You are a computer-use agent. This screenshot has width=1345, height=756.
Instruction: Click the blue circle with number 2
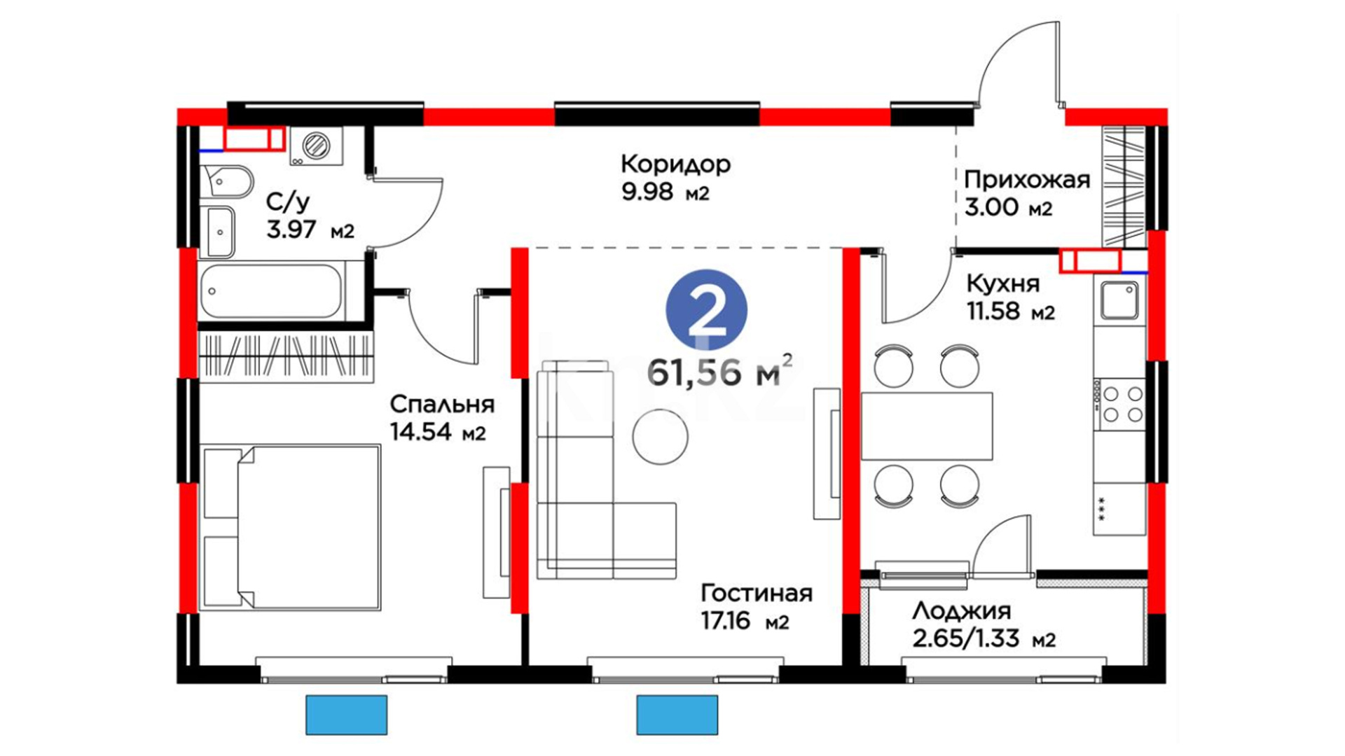tap(706, 310)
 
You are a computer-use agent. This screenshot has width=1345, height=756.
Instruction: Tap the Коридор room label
tap(675, 164)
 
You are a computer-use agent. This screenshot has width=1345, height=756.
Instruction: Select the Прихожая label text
tap(1027, 181)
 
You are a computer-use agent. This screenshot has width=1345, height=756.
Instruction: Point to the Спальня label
tap(442, 405)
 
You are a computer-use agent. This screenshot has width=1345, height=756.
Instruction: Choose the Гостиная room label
tap(757, 594)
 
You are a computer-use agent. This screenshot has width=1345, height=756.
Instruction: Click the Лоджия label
tap(961, 612)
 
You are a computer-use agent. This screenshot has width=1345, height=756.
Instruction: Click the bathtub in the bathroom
tap(271, 291)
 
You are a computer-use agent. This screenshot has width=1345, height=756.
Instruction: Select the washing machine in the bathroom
tap(317, 146)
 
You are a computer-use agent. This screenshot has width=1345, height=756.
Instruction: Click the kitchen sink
tap(1119, 300)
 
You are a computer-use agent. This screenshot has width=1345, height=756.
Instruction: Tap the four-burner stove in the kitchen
tap(1119, 405)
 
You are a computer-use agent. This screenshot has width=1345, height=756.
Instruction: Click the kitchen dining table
tap(927, 426)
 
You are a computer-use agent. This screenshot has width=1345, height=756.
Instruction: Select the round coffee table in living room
tap(660, 437)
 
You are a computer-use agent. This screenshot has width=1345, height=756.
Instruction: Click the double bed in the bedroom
tap(291, 527)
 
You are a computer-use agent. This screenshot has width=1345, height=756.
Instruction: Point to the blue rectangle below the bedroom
tap(347, 715)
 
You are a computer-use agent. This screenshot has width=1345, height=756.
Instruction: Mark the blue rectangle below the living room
tap(677, 715)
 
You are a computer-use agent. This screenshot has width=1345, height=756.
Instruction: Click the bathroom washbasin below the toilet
tap(220, 232)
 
